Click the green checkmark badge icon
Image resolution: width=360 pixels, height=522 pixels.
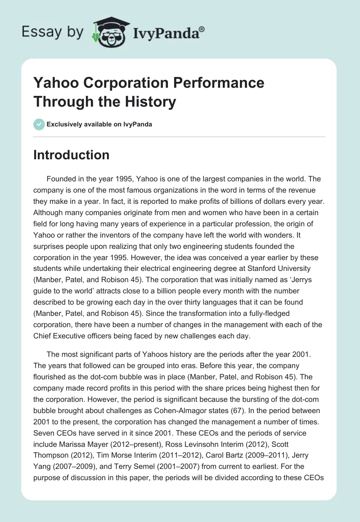pyautogui.click(x=39, y=124)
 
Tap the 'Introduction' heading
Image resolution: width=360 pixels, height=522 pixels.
pyautogui.click(x=71, y=155)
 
